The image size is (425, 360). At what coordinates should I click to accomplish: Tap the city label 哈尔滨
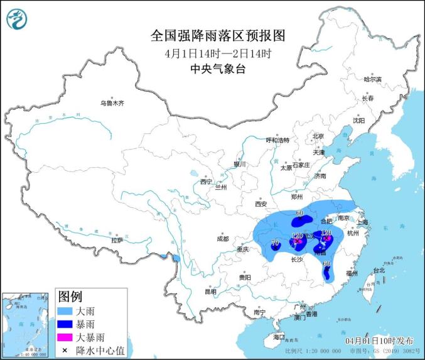coord(373,79)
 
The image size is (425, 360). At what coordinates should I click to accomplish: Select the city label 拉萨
coord(117,241)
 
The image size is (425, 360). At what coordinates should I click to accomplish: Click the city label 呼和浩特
coord(277,140)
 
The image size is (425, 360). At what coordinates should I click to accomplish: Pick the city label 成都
coord(223,239)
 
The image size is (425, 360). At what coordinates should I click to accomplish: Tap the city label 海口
coord(279,337)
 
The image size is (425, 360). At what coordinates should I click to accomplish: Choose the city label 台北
coord(379,271)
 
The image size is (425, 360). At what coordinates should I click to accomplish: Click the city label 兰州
coord(221,187)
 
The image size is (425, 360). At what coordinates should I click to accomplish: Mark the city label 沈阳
coord(358,120)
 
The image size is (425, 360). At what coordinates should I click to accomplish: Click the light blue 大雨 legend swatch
coord(65,310)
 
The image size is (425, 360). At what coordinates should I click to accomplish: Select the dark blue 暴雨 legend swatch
coord(65,324)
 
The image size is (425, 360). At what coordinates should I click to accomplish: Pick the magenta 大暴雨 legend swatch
coord(65,337)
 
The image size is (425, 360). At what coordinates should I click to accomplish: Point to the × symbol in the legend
coord(65,350)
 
